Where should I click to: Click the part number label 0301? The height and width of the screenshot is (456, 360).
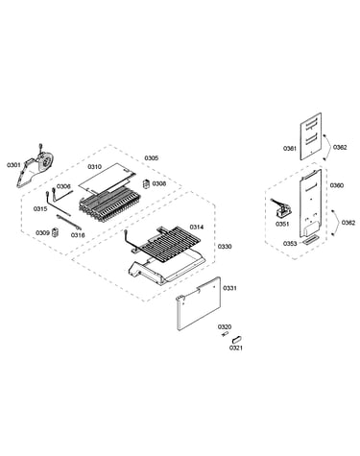click(13, 165)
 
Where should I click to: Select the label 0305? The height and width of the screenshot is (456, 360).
click(152, 158)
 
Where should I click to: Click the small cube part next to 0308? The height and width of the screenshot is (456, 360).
click(146, 183)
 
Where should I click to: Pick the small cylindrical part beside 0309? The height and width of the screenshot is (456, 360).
click(56, 232)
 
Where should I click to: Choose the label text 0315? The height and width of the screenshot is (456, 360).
click(40, 209)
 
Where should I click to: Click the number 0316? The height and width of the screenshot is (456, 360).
click(78, 235)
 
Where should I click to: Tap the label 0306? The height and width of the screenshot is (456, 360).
click(63, 186)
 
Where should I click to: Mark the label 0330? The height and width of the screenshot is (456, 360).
click(225, 247)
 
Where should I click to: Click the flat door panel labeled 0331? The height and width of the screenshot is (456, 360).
click(199, 303)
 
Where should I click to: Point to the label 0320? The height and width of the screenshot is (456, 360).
click(225, 326)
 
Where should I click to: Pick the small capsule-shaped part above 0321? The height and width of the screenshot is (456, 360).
click(237, 338)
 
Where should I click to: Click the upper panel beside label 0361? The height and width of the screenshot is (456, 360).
click(311, 136)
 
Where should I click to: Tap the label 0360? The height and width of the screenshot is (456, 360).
click(337, 185)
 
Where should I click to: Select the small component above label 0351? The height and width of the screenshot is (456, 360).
click(281, 207)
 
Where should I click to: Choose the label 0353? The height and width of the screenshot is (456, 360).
click(290, 244)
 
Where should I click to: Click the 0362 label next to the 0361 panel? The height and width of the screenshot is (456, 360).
click(340, 147)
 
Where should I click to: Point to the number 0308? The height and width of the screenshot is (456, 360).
click(159, 183)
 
